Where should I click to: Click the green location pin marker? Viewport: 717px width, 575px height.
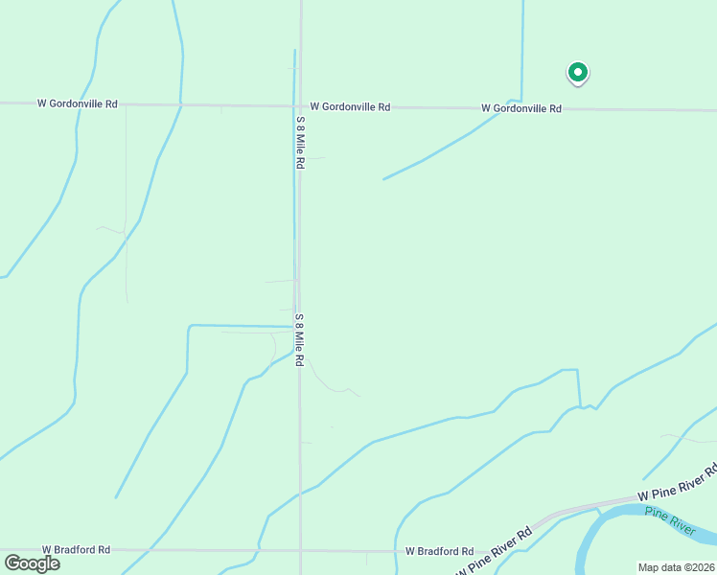tap(578, 72)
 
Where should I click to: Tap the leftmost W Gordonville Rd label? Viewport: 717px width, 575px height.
tap(77, 103)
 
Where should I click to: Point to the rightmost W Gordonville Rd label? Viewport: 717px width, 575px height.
tap(520, 108)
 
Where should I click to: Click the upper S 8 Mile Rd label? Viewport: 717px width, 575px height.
tap(300, 143)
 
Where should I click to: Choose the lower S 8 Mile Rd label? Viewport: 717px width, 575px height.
tap(299, 340)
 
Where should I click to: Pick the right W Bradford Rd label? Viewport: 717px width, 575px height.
tap(439, 551)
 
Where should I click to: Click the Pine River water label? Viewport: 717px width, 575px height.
tap(668, 520)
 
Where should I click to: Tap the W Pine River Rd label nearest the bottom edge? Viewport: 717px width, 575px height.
tap(495, 553)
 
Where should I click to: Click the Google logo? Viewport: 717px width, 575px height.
tap(33, 563)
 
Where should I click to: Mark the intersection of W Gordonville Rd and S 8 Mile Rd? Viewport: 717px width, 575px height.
tap(300, 105)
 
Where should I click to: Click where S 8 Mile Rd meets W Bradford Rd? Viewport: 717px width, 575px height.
tap(301, 551)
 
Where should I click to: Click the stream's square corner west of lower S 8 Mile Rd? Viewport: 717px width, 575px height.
tap(190, 327)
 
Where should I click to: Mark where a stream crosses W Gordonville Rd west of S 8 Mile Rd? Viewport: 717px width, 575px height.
tap(180, 104)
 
